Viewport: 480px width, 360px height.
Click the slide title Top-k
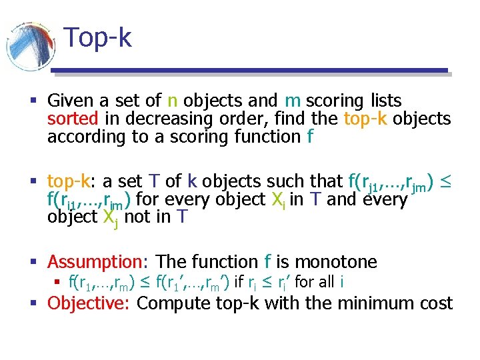pos(98,38)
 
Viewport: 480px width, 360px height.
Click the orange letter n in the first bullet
pos(172,101)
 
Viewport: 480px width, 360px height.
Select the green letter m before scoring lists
pos(292,101)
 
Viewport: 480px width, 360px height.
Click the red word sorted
pos(73,119)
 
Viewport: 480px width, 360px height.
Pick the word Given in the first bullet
pos(70,101)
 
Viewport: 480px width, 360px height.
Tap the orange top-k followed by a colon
pos(71,181)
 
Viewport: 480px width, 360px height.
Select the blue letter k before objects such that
pos(192,181)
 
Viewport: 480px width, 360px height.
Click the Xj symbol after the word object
pos(107,219)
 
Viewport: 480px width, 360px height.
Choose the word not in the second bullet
pos(138,217)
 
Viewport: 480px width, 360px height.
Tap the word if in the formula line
pos(239,282)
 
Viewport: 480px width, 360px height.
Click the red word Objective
pos(89,304)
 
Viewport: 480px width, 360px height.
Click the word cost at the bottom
pos(437,304)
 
